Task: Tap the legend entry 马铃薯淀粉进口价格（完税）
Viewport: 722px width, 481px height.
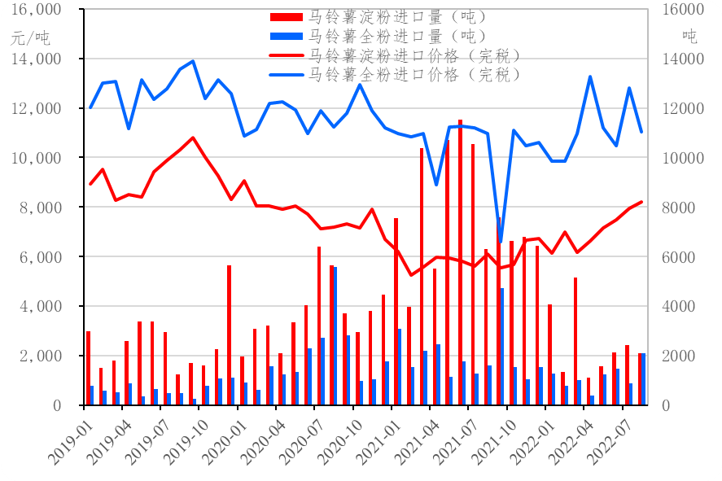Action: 410,55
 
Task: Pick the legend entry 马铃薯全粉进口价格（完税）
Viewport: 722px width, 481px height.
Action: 410,75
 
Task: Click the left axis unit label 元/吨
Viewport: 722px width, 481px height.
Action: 29,37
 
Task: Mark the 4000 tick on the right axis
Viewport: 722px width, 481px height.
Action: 676,307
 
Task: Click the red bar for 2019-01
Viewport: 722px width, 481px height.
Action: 88,368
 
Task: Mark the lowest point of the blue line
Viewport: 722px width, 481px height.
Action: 501,243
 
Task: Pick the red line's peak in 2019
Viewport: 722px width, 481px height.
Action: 192,138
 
